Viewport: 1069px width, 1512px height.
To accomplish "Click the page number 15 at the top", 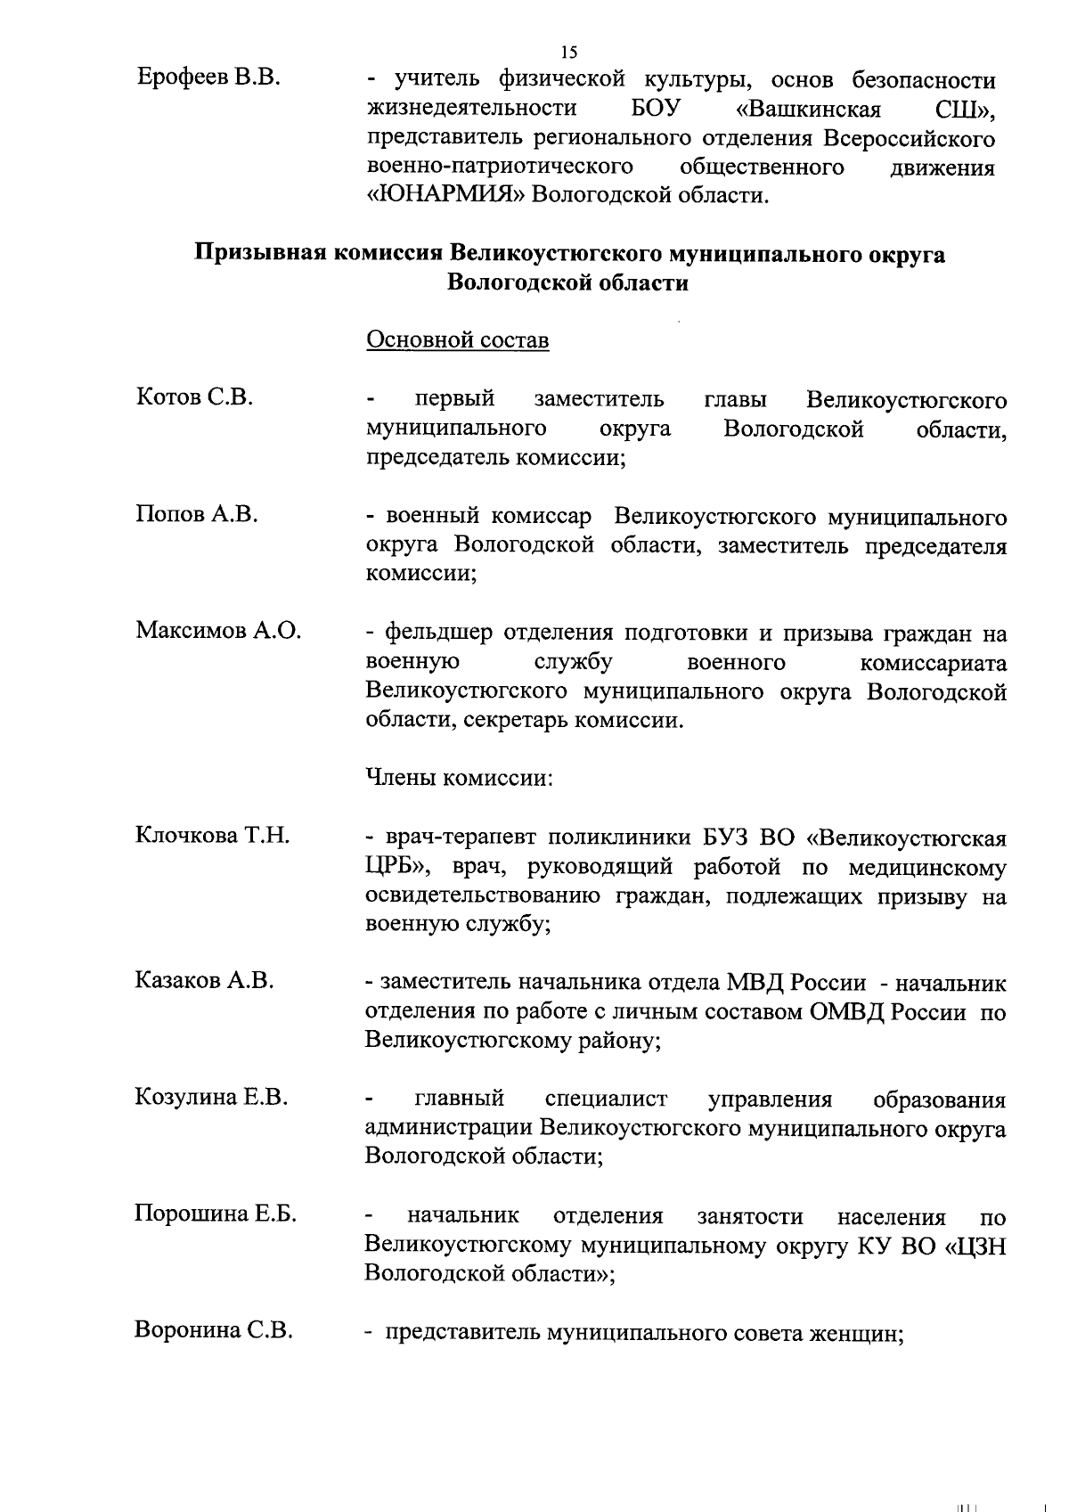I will tap(569, 52).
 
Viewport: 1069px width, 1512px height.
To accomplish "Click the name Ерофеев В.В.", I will tap(209, 78).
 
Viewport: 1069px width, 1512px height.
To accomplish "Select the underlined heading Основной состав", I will tap(458, 340).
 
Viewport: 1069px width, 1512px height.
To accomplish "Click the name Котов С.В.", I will tap(195, 397).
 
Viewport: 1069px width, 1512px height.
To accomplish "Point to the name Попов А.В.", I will tap(197, 514).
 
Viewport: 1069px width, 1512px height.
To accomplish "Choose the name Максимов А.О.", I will tap(218, 631).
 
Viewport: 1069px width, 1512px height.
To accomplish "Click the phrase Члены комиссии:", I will tap(460, 777).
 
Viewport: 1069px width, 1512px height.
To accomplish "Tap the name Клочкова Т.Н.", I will tap(213, 836).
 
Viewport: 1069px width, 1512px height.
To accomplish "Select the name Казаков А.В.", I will tap(204, 981).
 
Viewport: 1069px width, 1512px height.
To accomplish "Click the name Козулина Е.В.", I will tap(211, 1098).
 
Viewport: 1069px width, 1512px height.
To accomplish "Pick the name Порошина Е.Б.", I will tap(216, 1214).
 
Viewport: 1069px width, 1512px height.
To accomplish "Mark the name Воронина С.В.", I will tap(214, 1331).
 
